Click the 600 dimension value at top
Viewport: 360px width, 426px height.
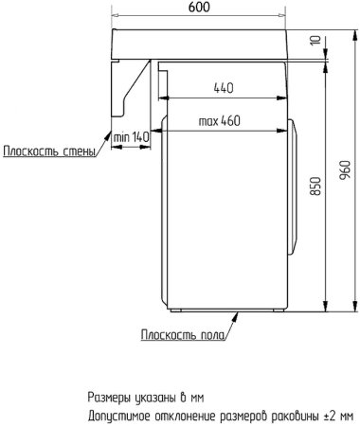199,8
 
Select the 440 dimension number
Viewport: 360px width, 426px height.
224,87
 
